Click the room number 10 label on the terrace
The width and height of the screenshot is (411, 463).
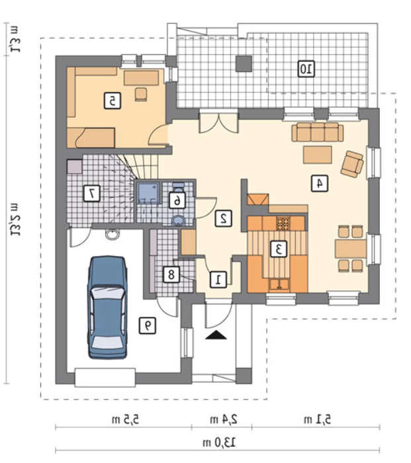click(x=306, y=69)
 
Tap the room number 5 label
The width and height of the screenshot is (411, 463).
click(x=113, y=101)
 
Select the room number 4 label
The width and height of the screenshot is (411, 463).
click(x=320, y=183)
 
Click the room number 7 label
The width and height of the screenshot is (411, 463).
click(x=91, y=193)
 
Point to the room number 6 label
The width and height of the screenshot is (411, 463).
click(x=177, y=200)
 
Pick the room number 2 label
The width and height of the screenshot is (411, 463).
click(x=223, y=218)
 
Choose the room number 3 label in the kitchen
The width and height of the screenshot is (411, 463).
click(x=279, y=249)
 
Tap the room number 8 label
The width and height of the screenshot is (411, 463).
click(x=171, y=274)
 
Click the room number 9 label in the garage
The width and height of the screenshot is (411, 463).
click(x=147, y=325)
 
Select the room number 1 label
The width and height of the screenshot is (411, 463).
click(x=218, y=279)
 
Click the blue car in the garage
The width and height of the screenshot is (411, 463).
click(x=108, y=308)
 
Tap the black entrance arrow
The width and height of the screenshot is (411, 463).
click(x=216, y=335)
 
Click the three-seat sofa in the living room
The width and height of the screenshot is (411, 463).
click(x=318, y=132)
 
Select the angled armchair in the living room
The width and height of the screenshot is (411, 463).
click(x=352, y=164)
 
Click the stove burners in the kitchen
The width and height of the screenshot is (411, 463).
click(x=284, y=224)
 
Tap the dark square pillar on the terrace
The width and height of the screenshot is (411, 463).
click(x=244, y=63)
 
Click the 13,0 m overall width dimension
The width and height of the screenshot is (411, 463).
click(x=219, y=442)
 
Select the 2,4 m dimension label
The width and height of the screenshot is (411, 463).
click(x=224, y=419)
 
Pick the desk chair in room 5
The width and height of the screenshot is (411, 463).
click(x=141, y=94)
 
